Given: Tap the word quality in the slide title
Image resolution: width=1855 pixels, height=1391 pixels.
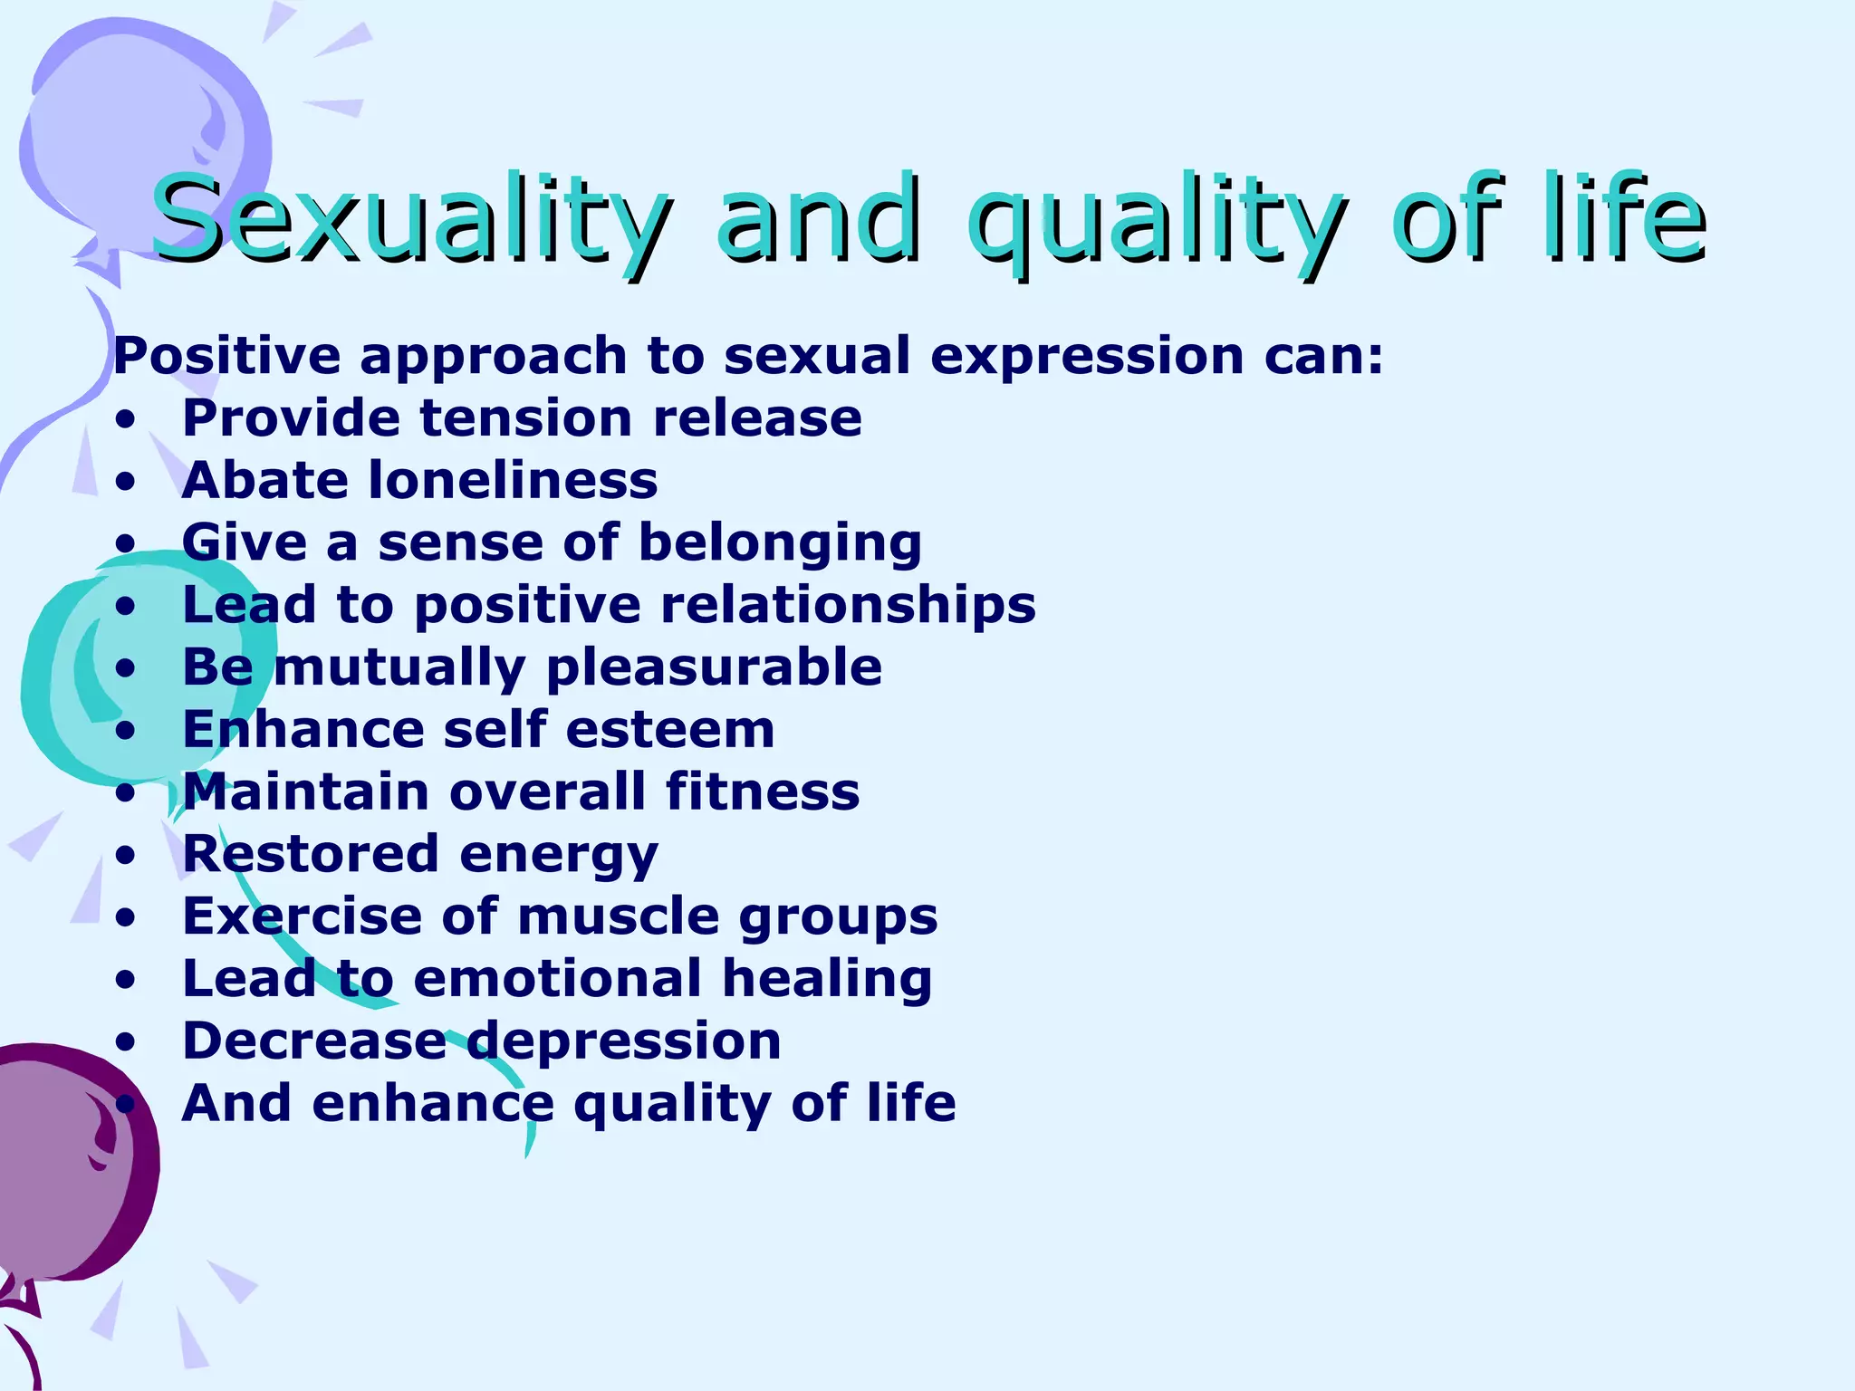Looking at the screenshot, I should [1155, 222].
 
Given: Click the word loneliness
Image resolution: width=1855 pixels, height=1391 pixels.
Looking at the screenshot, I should [514, 480].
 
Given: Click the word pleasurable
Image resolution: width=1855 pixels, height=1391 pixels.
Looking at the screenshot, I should [714, 668].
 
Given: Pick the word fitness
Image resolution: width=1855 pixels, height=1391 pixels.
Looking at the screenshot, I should [762, 791].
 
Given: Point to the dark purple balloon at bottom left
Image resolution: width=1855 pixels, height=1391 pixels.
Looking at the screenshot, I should [63, 1168].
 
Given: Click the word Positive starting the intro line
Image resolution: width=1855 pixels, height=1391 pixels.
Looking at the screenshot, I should [226, 355].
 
